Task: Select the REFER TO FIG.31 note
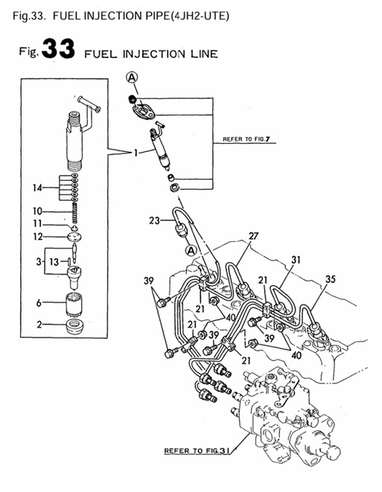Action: click(x=196, y=450)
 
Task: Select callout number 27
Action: click(x=252, y=237)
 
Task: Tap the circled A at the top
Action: click(x=131, y=77)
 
